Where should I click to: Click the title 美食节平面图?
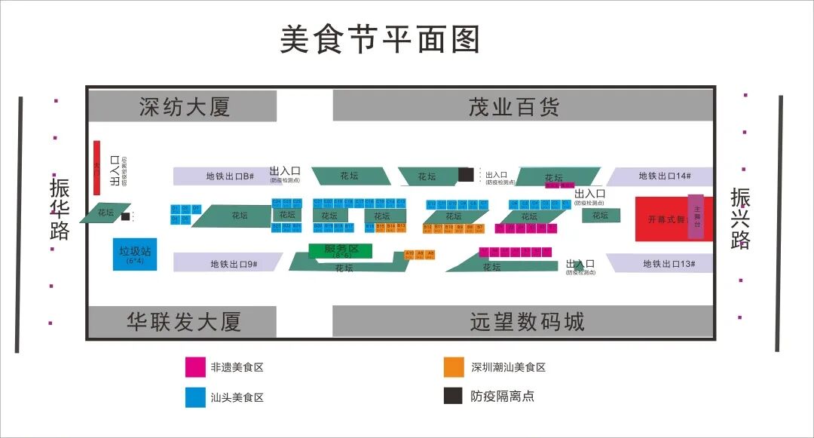pos(380,39)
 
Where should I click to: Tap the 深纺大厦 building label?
pos(184,107)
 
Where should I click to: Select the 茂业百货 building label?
pos(514,107)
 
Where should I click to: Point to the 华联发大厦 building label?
pos(184,322)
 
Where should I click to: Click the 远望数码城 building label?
pos(527,322)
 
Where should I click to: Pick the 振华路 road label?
pos(60,209)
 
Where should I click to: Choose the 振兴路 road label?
pos(740,219)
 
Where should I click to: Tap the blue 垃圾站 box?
pos(135,254)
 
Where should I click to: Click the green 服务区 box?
pos(341,250)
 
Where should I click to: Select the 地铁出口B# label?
pos(228,176)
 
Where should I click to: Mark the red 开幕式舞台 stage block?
pos(661,219)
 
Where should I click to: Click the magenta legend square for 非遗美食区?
pos(195,367)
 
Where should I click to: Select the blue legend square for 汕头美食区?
pos(195,397)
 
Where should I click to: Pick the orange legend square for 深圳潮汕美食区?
pos(453,367)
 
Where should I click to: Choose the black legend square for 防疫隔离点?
pos(453,395)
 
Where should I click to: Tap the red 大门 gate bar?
pos(96,164)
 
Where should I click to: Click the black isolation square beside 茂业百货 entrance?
pos(466,175)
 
